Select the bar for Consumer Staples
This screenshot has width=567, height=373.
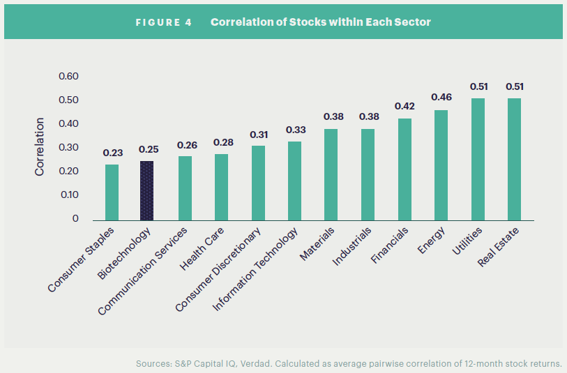click(x=112, y=192)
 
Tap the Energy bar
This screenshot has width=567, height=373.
click(x=441, y=165)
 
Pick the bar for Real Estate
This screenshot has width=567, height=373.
click(x=514, y=159)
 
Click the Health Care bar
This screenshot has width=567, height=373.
click(x=221, y=187)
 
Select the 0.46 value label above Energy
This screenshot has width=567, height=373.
click(x=441, y=97)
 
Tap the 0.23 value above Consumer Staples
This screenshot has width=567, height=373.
click(x=112, y=152)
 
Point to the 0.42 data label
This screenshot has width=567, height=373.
click(x=405, y=107)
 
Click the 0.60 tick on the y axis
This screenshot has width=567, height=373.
click(x=68, y=76)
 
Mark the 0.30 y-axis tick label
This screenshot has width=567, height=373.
click(x=68, y=147)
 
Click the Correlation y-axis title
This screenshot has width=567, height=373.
click(x=40, y=146)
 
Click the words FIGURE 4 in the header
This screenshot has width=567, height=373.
click(x=164, y=22)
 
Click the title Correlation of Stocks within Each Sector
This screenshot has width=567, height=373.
click(x=320, y=22)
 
